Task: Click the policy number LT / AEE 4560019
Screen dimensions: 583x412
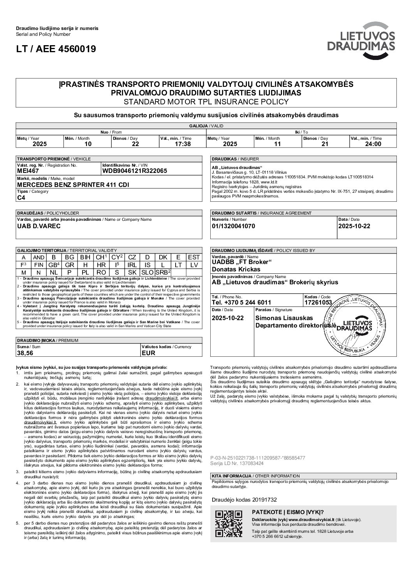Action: point(56,49)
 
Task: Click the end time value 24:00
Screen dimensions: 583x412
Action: point(372,144)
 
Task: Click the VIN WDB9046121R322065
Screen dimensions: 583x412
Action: point(134,171)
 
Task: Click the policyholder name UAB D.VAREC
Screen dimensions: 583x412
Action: point(39,226)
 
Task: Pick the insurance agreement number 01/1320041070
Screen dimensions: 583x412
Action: point(234,226)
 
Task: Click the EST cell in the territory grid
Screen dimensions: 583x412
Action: point(194,257)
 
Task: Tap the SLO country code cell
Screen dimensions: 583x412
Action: point(147,272)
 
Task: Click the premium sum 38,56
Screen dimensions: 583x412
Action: point(25,353)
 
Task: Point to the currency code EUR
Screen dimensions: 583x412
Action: point(148,353)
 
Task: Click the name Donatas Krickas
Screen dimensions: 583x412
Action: point(236,269)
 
